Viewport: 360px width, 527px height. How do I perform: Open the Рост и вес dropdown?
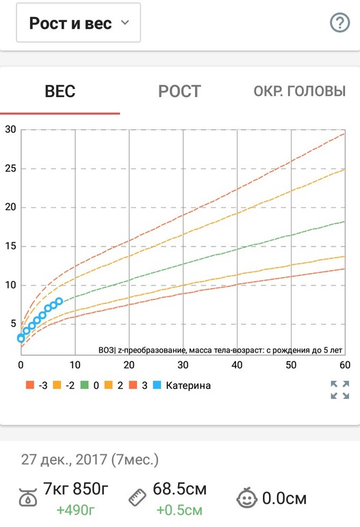(78, 23)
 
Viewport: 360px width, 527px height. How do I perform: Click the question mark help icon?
(340, 23)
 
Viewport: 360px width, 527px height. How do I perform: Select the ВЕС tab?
(60, 91)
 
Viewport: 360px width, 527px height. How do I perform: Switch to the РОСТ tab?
(179, 91)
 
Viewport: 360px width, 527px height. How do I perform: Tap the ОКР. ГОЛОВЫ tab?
(300, 91)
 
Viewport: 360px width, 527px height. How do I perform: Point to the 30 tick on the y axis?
(10, 129)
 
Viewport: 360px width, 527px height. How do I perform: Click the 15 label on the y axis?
(10, 246)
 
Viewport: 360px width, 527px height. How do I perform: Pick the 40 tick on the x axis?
(237, 365)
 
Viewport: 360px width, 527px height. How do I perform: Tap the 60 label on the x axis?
(345, 365)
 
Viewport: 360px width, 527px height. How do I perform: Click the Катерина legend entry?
(182, 385)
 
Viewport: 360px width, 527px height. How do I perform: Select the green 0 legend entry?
(90, 385)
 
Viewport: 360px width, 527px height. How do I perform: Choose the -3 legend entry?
(37, 385)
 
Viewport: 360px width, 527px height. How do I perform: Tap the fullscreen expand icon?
(340, 390)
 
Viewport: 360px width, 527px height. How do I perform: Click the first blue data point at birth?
(21, 338)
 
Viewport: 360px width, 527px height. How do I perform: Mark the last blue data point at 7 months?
(59, 301)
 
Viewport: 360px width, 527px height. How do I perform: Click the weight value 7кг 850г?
(76, 489)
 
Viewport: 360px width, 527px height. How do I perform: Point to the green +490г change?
(75, 510)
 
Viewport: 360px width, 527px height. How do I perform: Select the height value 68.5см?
(179, 489)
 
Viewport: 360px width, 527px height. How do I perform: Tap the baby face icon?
(246, 498)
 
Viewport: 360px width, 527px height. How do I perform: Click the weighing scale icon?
(28, 497)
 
